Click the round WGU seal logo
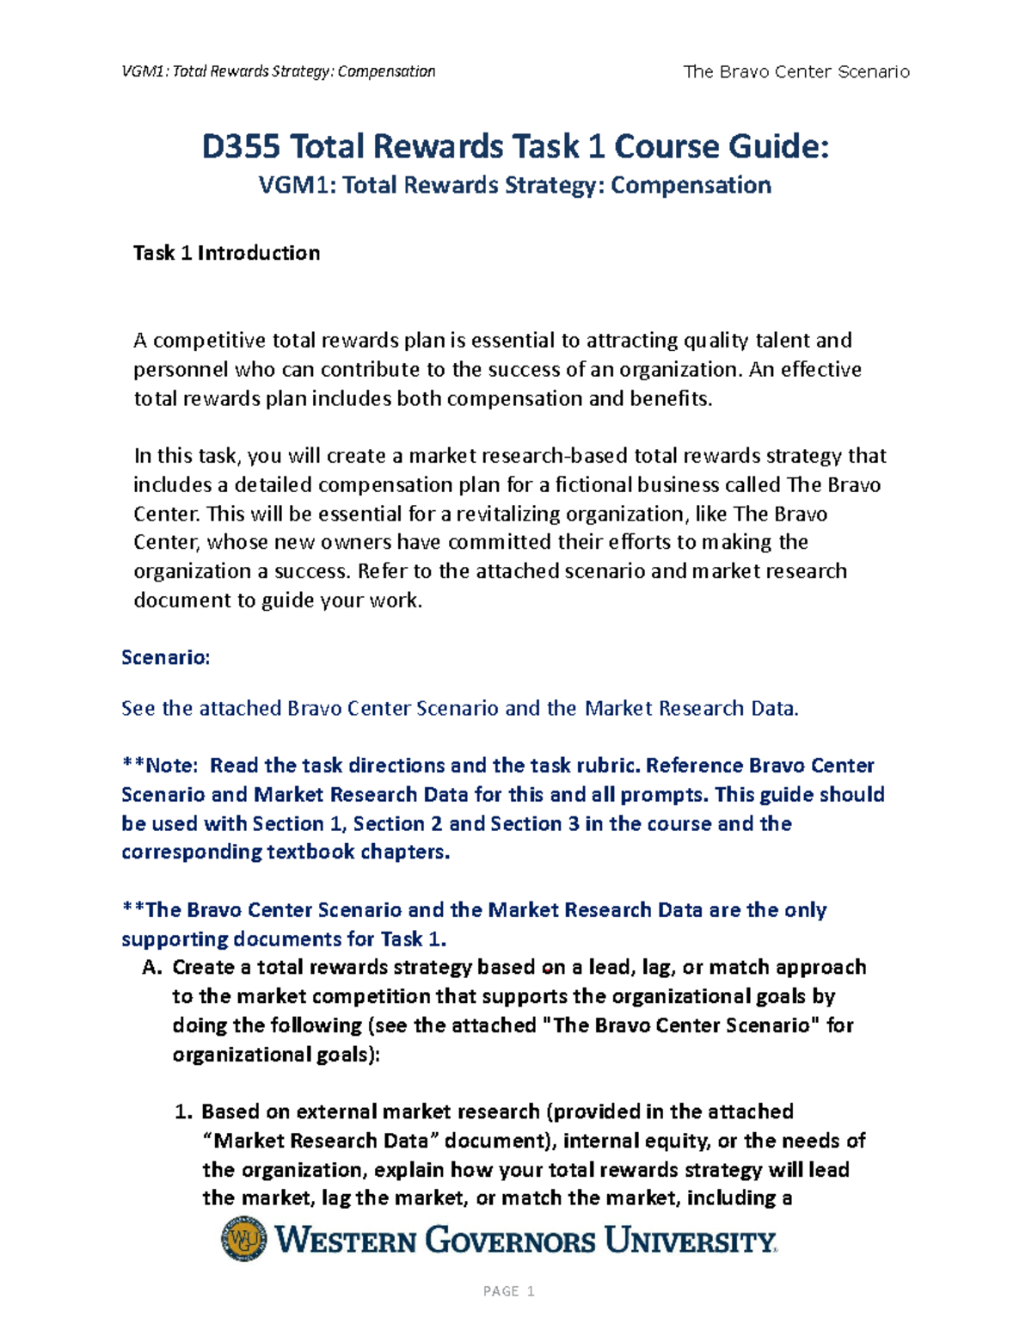click(244, 1239)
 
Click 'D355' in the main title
click(241, 146)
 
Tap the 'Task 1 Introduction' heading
click(226, 253)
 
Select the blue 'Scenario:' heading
click(165, 658)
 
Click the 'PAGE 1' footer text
click(509, 1291)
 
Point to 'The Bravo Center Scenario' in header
click(795, 71)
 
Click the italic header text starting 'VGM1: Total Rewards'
click(279, 71)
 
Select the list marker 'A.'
click(151, 968)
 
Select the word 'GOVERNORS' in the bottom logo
click(510, 1241)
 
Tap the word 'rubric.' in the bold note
click(605, 766)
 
